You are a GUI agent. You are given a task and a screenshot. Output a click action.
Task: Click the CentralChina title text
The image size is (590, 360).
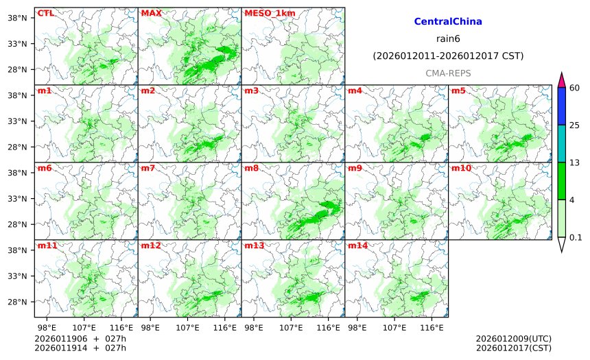448,22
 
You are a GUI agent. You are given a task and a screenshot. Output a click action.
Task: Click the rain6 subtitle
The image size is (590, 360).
448,38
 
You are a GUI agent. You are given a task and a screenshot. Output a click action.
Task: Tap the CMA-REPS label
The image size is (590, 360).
448,73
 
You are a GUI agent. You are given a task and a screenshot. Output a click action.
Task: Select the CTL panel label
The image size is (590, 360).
45,13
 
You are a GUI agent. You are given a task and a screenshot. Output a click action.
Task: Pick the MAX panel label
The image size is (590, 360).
151,13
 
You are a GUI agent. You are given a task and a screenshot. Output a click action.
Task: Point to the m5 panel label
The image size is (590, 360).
458,91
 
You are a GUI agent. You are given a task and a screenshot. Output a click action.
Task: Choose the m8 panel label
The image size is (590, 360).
251,168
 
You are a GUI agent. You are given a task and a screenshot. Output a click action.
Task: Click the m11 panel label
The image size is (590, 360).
46,245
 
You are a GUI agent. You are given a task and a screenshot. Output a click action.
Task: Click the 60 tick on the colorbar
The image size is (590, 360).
575,87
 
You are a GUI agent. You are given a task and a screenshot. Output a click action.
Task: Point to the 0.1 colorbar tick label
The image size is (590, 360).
576,237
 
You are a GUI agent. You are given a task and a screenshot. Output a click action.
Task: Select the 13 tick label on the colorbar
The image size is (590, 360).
575,162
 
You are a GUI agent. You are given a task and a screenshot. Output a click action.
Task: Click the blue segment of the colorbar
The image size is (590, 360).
561,106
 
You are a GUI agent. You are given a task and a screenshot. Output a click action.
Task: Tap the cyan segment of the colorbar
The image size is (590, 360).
561,143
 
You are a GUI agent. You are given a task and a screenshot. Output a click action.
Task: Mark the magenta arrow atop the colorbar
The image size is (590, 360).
561,80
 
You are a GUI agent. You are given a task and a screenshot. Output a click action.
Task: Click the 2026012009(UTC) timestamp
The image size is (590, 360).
513,339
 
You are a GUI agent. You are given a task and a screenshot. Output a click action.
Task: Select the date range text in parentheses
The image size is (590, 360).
448,56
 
